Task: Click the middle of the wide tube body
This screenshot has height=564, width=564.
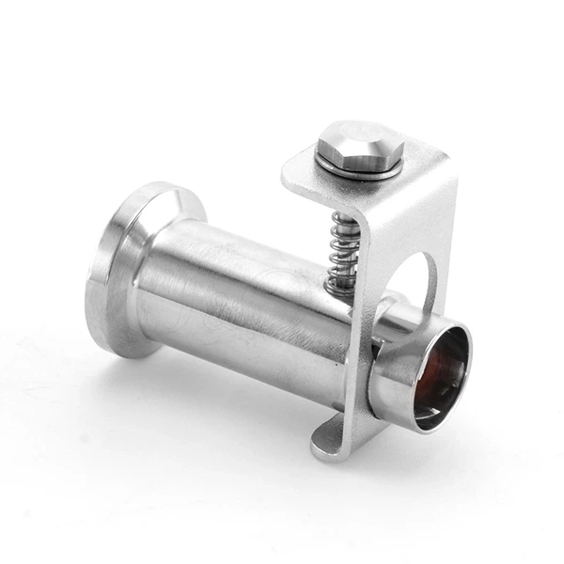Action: tap(244, 301)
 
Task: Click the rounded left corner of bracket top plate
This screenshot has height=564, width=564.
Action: tap(290, 175)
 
